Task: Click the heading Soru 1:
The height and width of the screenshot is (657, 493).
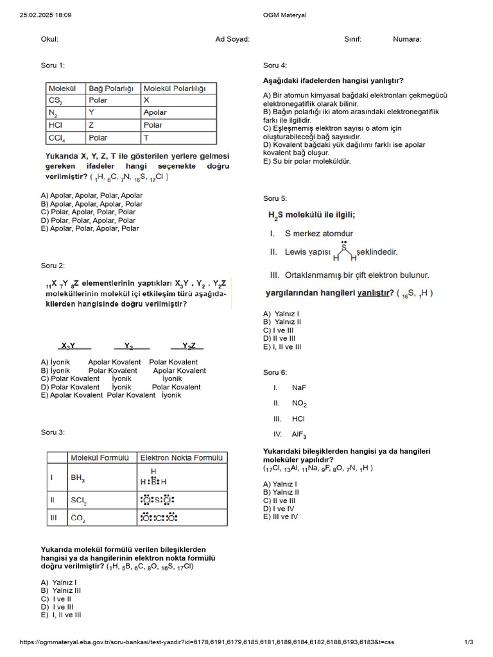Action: pos(53,65)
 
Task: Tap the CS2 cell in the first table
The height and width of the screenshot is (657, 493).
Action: pos(56,100)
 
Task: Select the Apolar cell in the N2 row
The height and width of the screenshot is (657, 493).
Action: pos(155,112)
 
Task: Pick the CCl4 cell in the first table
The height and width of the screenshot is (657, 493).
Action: pos(56,138)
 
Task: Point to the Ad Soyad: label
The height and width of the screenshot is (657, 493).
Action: pos(232,39)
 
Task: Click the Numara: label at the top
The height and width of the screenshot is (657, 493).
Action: pos(407,39)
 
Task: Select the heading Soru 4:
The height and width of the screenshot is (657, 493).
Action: pos(275,65)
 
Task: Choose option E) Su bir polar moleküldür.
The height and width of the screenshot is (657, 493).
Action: pos(307,162)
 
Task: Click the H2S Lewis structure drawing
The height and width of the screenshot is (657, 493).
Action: pos(345,252)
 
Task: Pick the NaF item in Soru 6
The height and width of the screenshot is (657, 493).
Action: pos(298,388)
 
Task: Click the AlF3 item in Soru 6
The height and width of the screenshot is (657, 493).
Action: pos(299,434)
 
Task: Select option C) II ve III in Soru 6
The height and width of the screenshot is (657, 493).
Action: pos(279,500)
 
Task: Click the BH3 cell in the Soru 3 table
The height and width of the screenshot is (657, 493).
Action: pos(78,478)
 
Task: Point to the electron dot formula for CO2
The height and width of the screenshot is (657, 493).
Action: pos(158,517)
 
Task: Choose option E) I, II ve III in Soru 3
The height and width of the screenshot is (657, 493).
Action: pos(61,615)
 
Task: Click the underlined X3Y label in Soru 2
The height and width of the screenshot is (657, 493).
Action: pos(68,346)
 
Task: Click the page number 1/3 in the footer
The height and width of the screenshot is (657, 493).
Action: pos(468,642)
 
